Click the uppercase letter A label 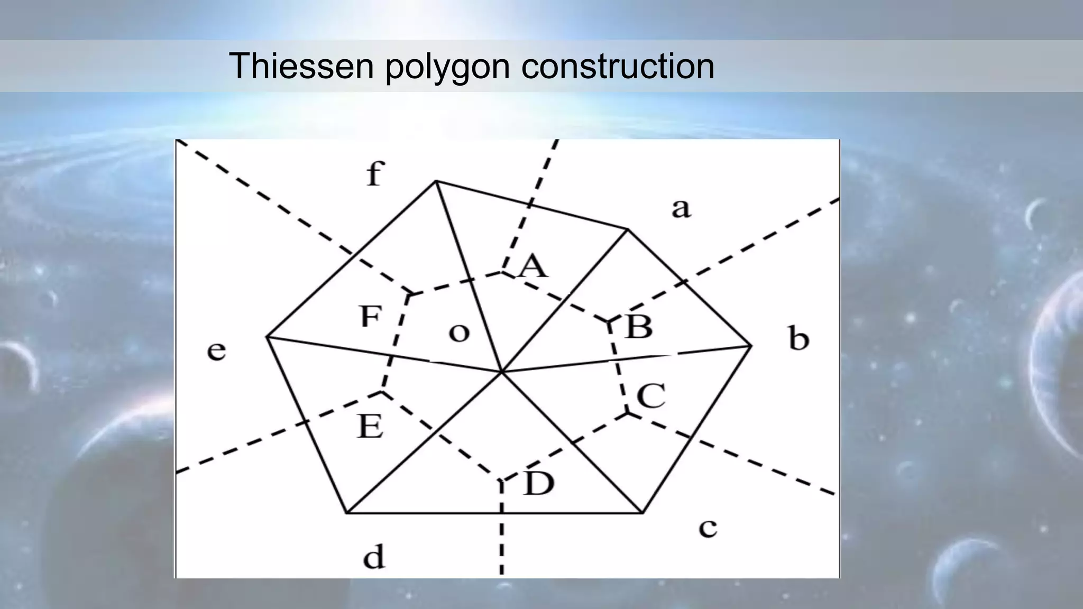533,265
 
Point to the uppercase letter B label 639,326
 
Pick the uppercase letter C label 650,396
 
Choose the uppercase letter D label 539,483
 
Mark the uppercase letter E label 370,426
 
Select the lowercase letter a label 681,208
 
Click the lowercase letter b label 799,339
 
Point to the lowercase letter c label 708,528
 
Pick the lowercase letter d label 374,557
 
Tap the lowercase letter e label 216,351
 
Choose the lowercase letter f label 374,174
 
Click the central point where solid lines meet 501,372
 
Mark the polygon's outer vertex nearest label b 751,346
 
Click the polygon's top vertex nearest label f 436,181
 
